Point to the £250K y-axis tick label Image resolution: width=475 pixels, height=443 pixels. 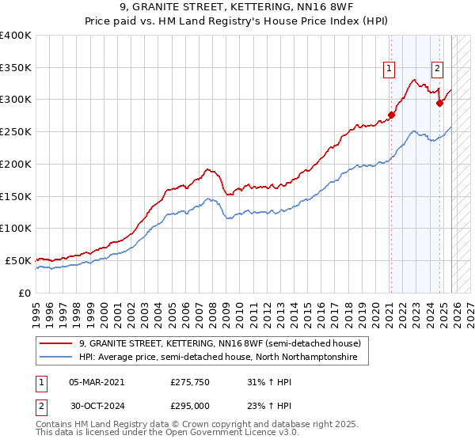(x=16, y=131)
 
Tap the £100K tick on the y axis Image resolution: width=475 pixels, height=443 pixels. (x=16, y=228)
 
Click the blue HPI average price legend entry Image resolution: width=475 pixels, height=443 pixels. (x=218, y=358)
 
